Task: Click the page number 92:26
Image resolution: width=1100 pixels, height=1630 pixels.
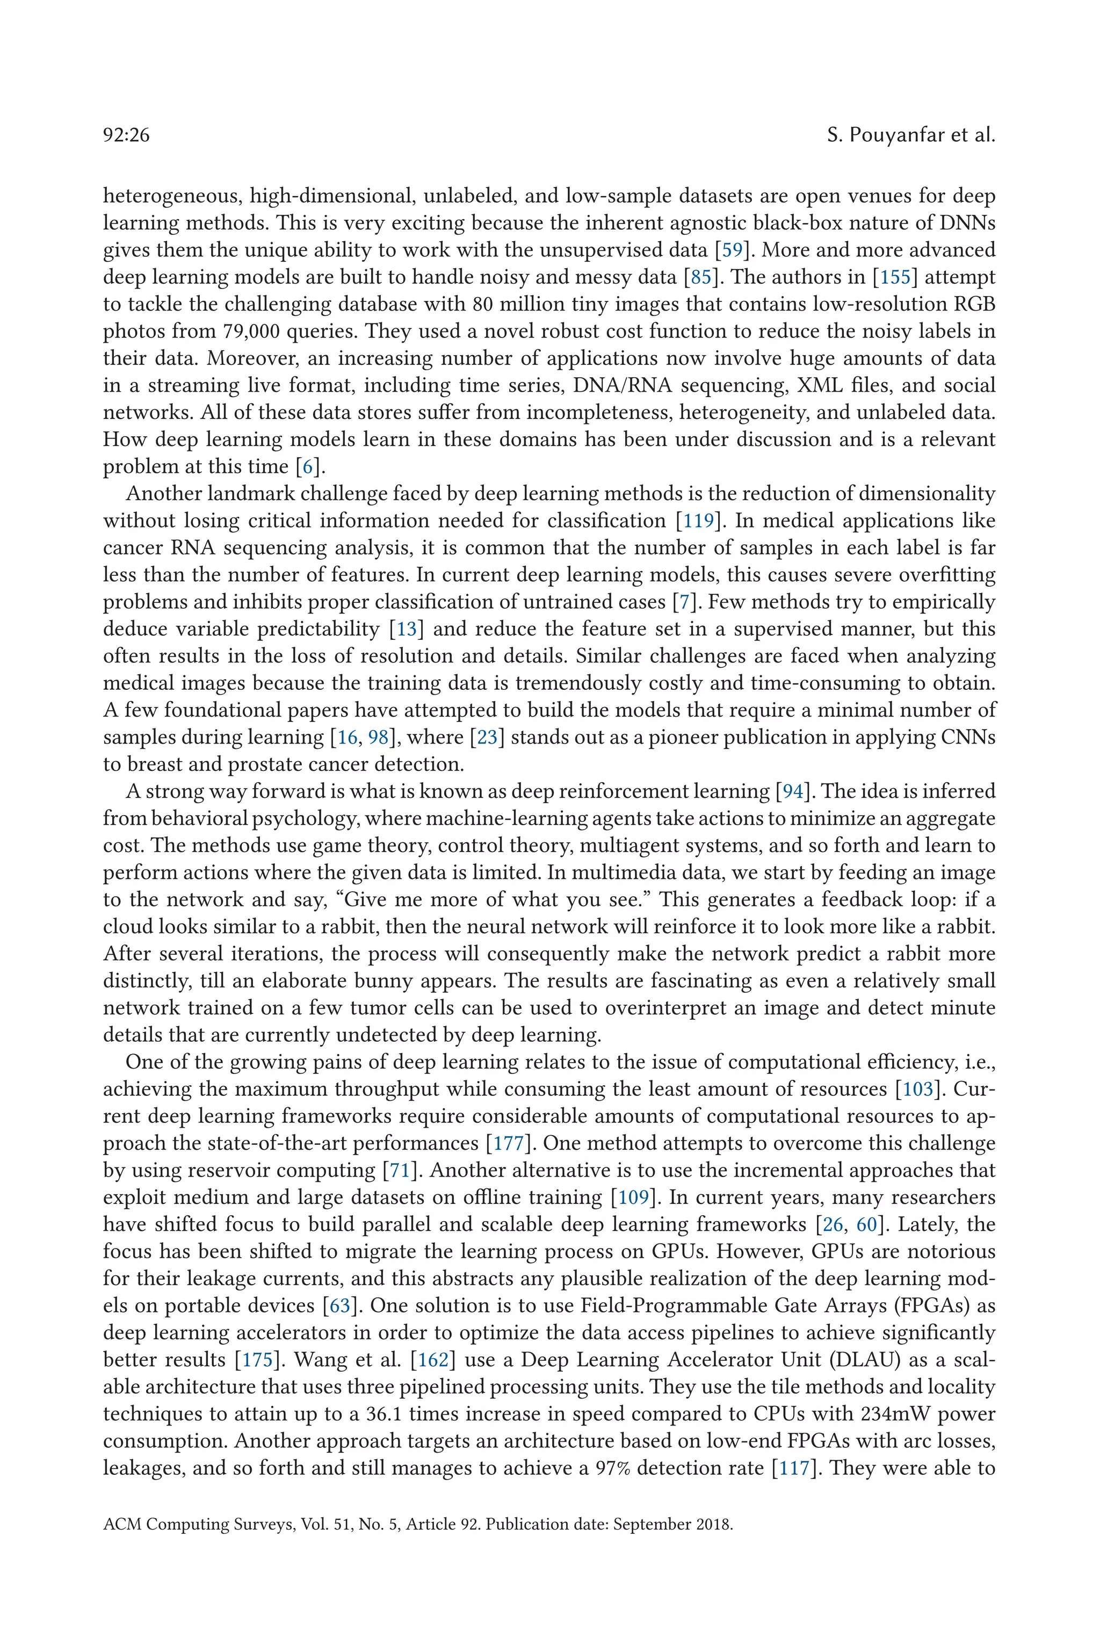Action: click(x=126, y=135)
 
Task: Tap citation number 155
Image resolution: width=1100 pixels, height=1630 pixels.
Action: click(x=895, y=278)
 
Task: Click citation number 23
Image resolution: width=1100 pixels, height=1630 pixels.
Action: click(x=487, y=738)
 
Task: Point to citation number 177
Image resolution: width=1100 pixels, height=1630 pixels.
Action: click(x=508, y=1144)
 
